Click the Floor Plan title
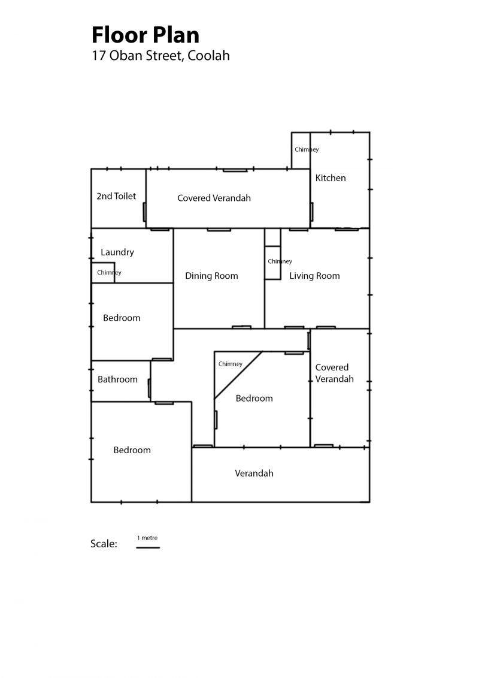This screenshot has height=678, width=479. [145, 35]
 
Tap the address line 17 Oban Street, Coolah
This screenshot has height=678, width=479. [160, 56]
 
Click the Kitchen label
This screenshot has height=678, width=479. [331, 178]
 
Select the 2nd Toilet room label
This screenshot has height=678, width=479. [116, 196]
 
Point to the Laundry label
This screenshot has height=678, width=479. [117, 252]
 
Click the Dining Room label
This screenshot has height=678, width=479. [211, 276]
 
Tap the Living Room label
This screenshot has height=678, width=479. [314, 276]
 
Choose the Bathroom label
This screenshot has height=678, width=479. [117, 379]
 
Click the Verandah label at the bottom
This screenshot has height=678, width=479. [254, 474]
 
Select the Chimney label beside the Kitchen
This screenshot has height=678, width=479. [307, 149]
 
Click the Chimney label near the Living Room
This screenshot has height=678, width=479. [280, 261]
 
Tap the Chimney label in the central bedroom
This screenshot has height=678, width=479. [231, 364]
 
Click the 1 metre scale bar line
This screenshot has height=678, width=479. [148, 547]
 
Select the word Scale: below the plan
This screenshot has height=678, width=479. [104, 544]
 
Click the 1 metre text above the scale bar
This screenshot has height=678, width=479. [148, 538]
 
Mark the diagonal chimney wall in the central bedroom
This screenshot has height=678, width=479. [238, 375]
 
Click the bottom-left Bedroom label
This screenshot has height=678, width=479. [132, 450]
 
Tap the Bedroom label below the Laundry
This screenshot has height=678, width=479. [122, 318]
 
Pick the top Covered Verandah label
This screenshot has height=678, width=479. [214, 198]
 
